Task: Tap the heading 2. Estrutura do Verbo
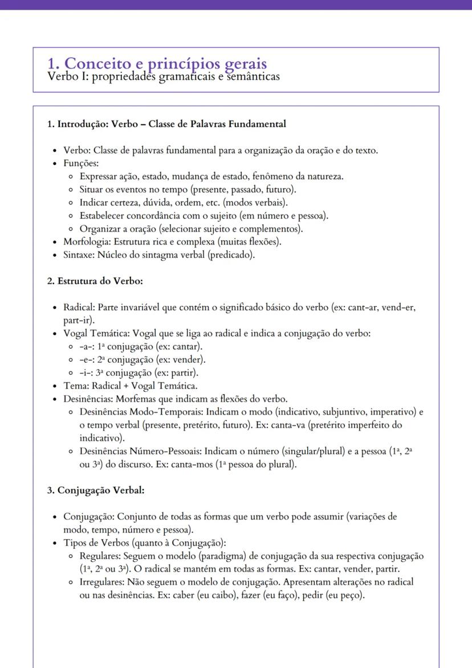pos(95,281)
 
